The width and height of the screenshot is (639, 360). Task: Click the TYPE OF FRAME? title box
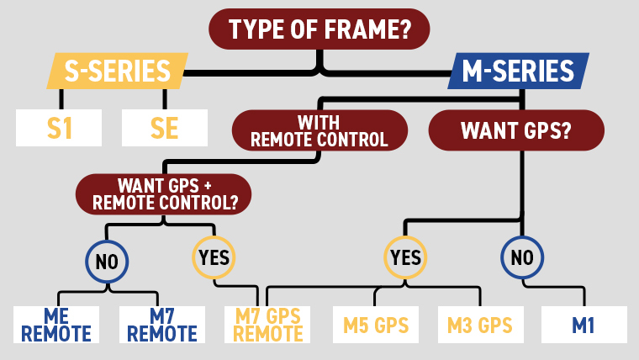tap(319, 29)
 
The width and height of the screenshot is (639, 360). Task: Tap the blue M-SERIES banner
tap(518, 71)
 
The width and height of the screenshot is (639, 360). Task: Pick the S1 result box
tap(59, 129)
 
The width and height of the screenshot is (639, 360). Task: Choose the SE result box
tap(165, 129)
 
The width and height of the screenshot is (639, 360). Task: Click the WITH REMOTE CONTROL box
tap(319, 130)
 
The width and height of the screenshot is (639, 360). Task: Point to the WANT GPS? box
tap(516, 130)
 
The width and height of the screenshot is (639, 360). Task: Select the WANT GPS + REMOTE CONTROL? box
tap(163, 193)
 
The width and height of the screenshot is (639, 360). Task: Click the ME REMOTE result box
tap(56, 324)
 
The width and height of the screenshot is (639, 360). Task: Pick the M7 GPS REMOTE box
tap(268, 324)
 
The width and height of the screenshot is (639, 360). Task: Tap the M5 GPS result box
tap(374, 324)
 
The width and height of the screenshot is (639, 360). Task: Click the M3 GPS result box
tap(480, 324)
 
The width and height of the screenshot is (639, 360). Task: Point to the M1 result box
tap(584, 324)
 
